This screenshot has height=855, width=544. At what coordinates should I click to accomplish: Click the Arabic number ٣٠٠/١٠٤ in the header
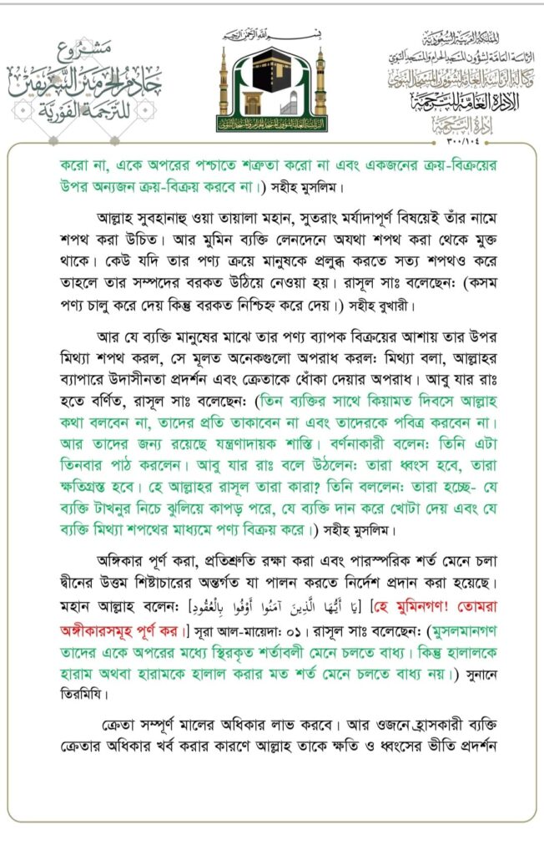pyautogui.click(x=450, y=136)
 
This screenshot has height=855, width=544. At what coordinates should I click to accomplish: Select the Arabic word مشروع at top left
pyautogui.click(x=111, y=49)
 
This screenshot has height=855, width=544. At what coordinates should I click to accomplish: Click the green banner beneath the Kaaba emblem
pyautogui.click(x=272, y=124)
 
